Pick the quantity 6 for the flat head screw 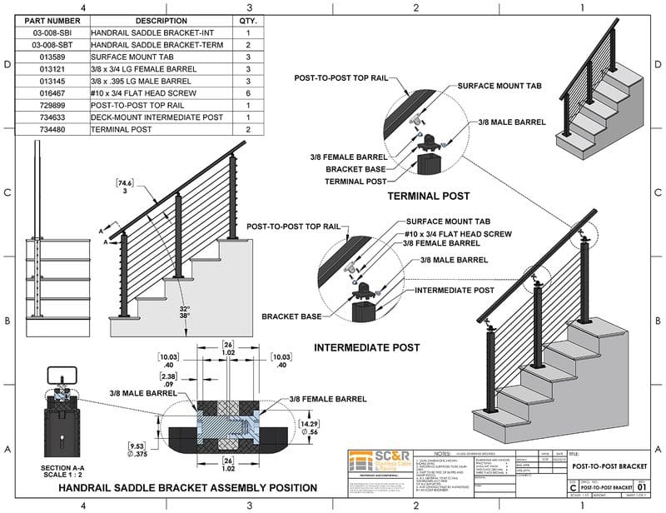248,94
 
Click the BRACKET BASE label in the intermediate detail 291,317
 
